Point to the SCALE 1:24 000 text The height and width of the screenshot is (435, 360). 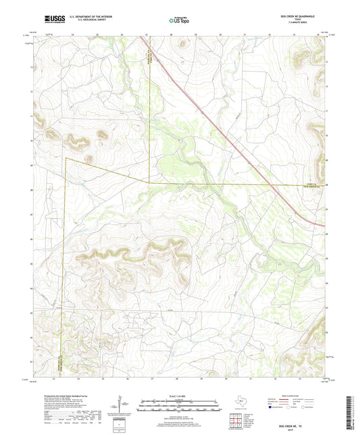tap(179, 395)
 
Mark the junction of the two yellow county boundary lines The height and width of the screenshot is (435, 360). tap(149, 183)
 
